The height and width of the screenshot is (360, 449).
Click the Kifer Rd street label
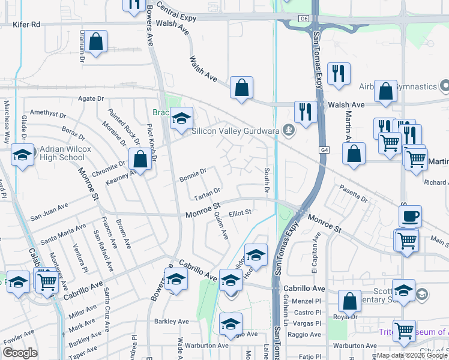coord(27,25)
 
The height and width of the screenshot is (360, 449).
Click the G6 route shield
coord(304,19)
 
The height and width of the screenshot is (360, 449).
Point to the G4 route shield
coord(325,149)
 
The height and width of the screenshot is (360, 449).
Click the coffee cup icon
coord(411,216)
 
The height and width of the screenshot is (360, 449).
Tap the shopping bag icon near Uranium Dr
coord(95,42)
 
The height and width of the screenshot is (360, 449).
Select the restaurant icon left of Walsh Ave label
coord(306,112)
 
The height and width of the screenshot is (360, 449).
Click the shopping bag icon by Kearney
coord(140,160)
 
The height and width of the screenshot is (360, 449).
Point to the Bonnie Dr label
coord(193,175)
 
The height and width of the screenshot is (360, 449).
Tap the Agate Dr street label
coord(92,98)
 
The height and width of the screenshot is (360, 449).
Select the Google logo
coord(20,353)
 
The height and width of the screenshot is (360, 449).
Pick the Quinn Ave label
coord(221,228)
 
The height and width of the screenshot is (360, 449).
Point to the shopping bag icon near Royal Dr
coord(349,301)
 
